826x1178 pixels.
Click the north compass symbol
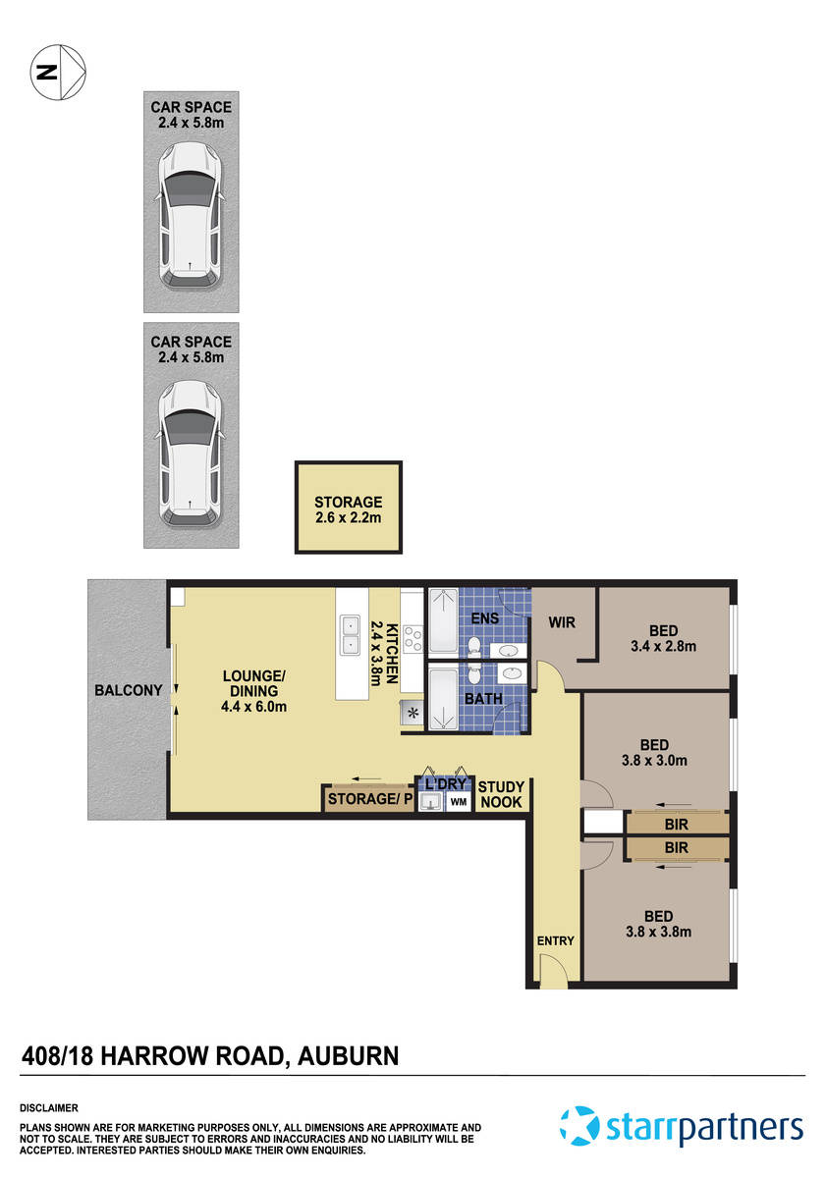tap(58, 72)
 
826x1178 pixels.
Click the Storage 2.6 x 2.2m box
tap(349, 509)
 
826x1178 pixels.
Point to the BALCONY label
tap(128, 690)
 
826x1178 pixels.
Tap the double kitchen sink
tap(350, 634)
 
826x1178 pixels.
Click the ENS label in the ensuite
tap(485, 618)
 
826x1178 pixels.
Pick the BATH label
tap(483, 699)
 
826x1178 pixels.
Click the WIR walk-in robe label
tap(561, 622)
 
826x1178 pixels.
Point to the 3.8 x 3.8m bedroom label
tap(658, 924)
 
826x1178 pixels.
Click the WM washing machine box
tap(458, 802)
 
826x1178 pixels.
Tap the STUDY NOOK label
tap(501, 795)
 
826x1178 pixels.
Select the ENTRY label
tap(555, 940)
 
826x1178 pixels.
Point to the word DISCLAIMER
tap(49, 1106)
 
